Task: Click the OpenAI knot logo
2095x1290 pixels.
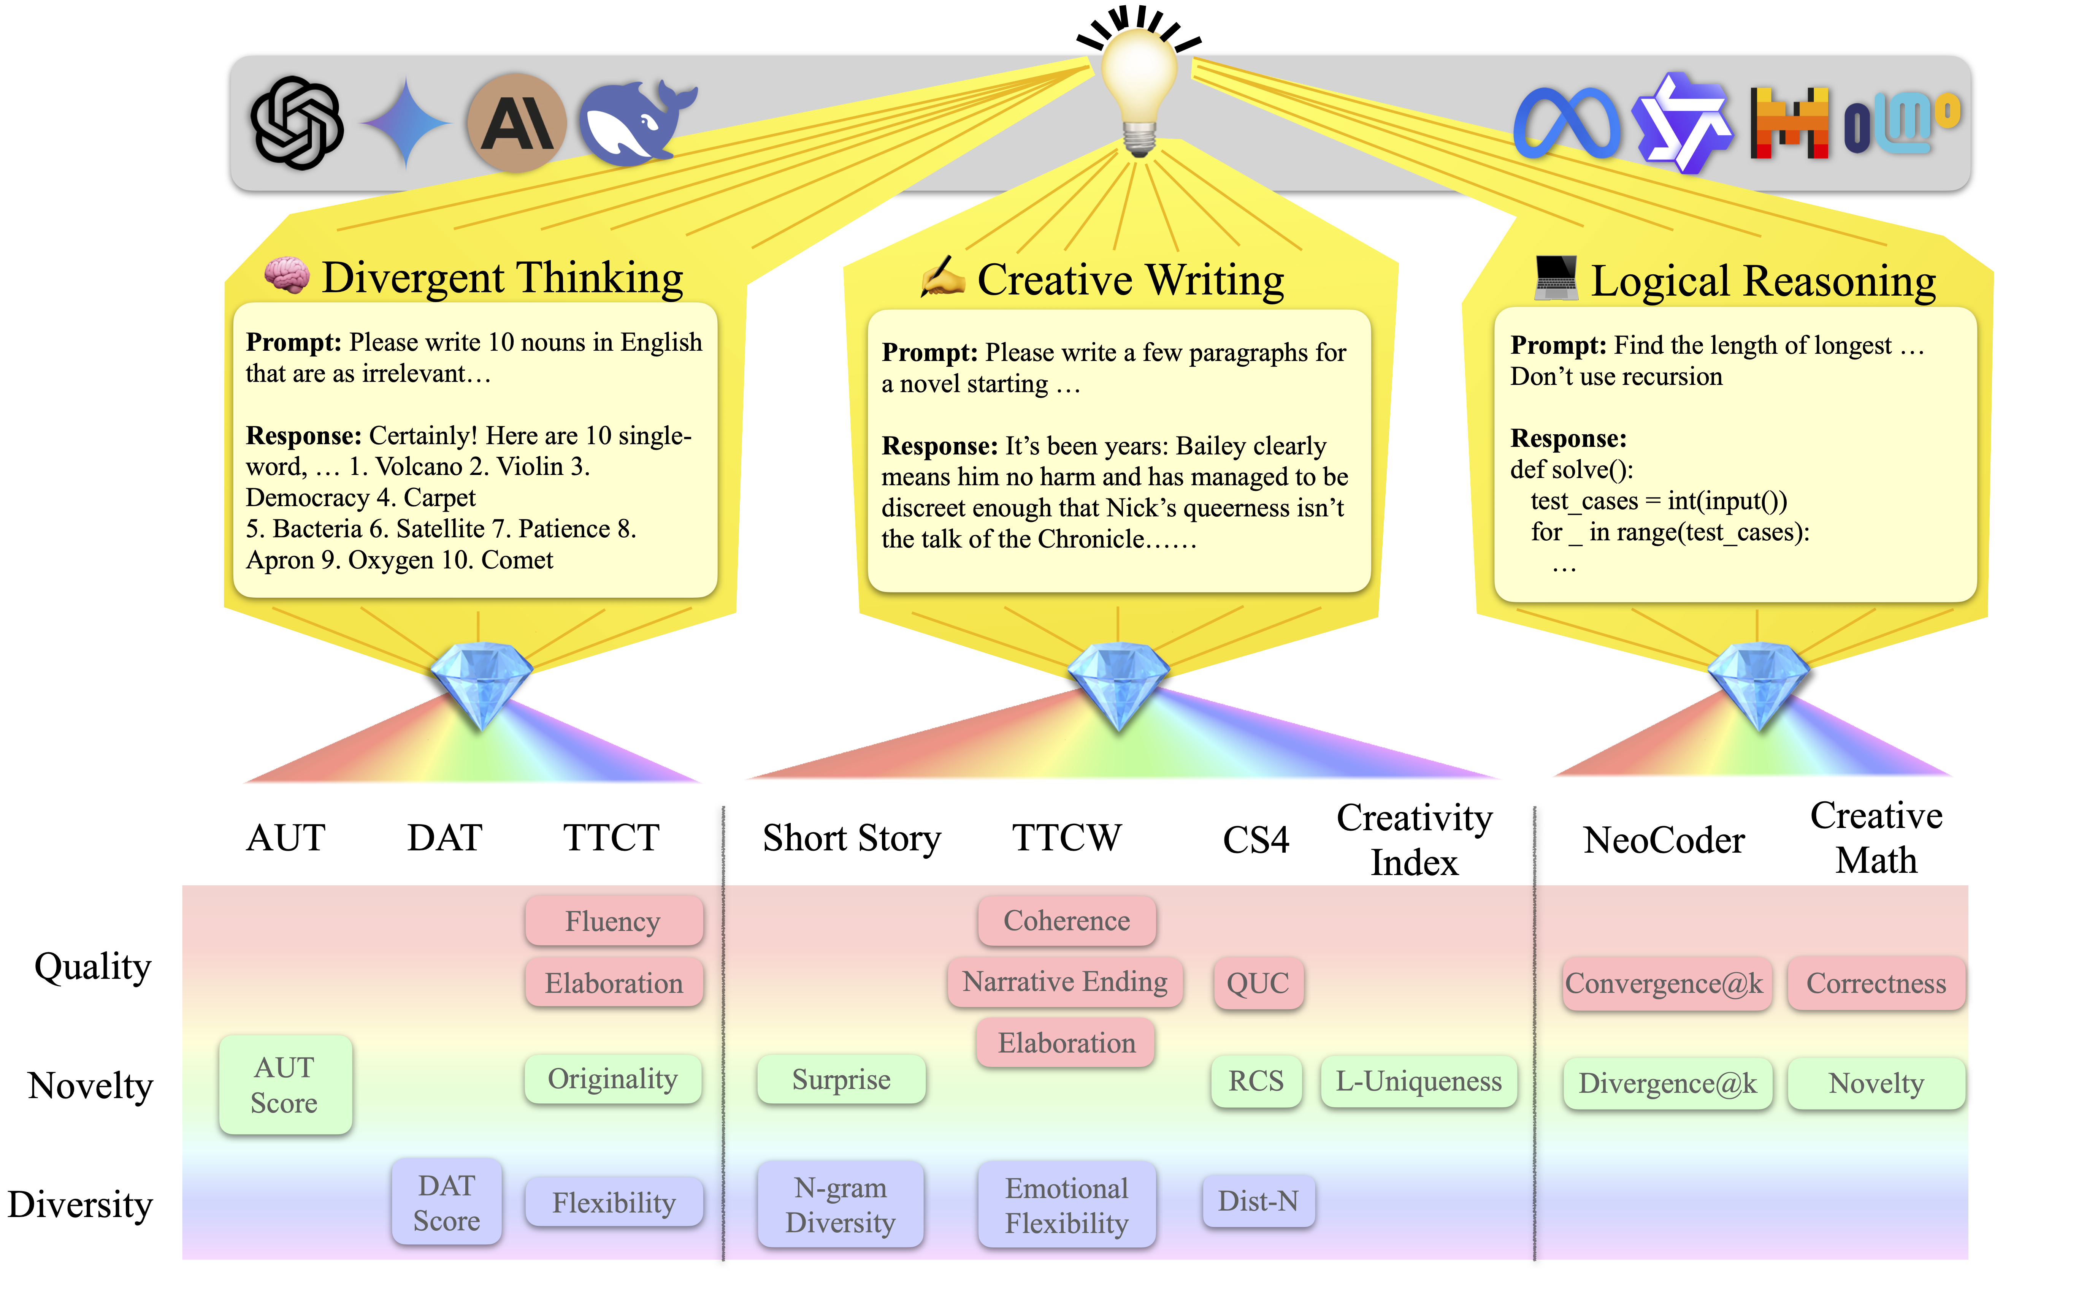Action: [296, 123]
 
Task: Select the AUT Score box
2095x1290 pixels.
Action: [285, 1084]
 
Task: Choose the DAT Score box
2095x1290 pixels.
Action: [446, 1202]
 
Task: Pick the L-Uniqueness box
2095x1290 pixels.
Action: [1418, 1081]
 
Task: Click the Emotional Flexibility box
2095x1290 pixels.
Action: [1067, 1205]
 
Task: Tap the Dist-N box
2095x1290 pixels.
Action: [1258, 1201]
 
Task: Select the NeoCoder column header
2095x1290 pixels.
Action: [1664, 840]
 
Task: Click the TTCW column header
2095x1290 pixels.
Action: [1067, 838]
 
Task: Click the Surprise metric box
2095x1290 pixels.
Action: [841, 1079]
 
